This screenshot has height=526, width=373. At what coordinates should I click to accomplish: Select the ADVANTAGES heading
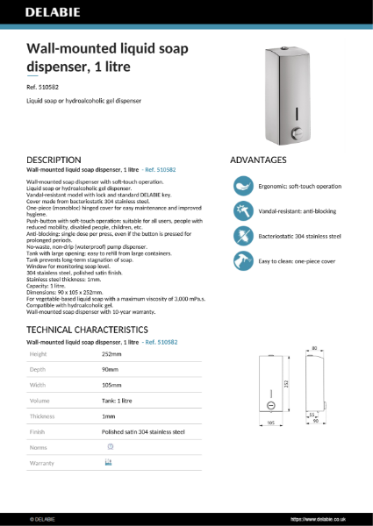click(x=258, y=160)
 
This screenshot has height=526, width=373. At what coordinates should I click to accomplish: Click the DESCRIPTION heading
click(x=54, y=160)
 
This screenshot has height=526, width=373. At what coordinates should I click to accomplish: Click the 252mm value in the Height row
click(x=111, y=354)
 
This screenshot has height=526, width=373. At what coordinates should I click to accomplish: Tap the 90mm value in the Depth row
click(x=110, y=369)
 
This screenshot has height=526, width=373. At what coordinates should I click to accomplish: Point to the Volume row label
click(x=40, y=401)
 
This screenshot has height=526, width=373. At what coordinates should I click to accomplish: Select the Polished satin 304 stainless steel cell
click(x=143, y=431)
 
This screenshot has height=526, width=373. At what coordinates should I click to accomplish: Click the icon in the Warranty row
click(x=108, y=462)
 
